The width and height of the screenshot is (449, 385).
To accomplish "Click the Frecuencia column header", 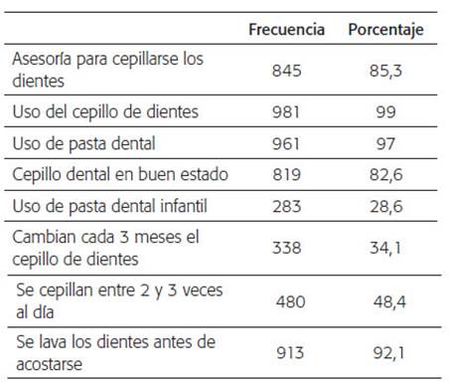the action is (286, 29).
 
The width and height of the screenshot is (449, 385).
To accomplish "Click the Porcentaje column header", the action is (385, 30).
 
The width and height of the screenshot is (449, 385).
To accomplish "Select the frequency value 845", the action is (287, 71).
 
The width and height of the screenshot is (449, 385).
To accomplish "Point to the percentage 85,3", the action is (385, 71).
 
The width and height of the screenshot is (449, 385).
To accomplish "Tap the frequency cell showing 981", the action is (286, 111).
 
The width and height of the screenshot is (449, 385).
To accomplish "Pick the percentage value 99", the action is (385, 111).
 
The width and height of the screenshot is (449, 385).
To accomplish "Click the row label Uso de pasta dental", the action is (83, 144).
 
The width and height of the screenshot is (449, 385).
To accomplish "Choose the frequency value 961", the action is (286, 143).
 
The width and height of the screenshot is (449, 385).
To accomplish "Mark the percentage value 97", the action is (385, 143).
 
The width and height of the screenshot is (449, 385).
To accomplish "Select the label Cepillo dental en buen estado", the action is (120, 175).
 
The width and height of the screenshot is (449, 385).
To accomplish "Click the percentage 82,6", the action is (386, 174).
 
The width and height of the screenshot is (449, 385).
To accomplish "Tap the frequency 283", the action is (287, 206).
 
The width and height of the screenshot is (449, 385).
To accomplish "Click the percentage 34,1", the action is (385, 248).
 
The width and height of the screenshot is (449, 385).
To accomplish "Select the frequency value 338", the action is (287, 248).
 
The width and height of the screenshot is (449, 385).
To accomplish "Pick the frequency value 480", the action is (291, 301).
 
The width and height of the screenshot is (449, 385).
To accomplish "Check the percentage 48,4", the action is (389, 301).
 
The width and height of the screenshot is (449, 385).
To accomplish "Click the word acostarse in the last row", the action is (49, 364).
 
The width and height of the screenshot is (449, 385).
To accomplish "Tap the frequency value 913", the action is (290, 353).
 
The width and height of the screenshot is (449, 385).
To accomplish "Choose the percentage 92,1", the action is (388, 353).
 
